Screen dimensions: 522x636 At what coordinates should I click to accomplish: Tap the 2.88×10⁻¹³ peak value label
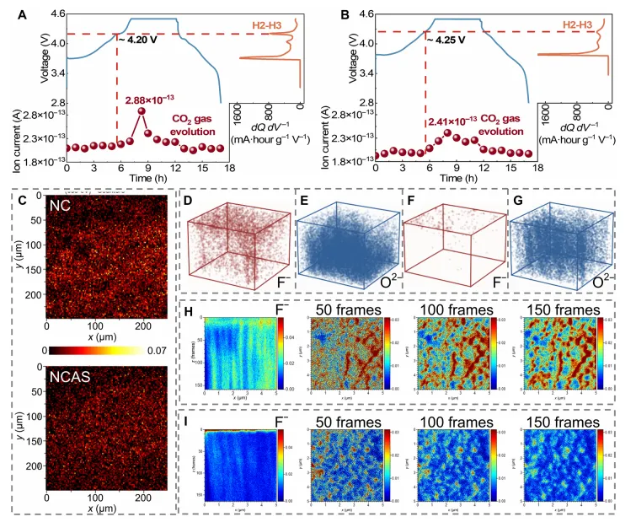(x=148, y=101)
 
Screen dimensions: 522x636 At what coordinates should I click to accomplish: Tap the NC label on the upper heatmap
(x=61, y=207)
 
